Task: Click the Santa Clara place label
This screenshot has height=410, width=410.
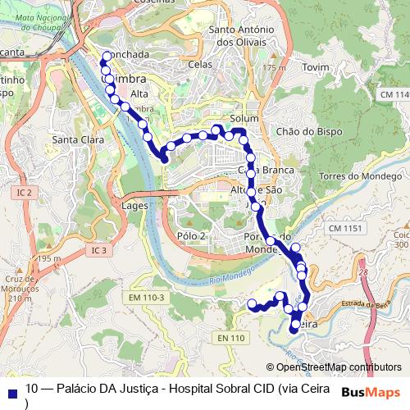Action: (78, 140)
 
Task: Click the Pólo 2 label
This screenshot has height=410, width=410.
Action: (190, 236)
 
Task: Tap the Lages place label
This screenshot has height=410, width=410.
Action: (134, 206)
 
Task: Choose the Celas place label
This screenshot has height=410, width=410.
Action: (200, 64)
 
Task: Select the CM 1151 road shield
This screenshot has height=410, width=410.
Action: (344, 227)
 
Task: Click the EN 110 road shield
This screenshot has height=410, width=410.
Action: (231, 338)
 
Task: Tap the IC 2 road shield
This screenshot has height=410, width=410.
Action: (24, 193)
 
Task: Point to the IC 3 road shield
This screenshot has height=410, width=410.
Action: (98, 250)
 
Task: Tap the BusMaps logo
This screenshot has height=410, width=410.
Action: (371, 392)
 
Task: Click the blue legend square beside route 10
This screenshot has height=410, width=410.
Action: (11, 391)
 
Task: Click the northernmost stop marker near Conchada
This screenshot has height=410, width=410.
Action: (106, 57)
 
